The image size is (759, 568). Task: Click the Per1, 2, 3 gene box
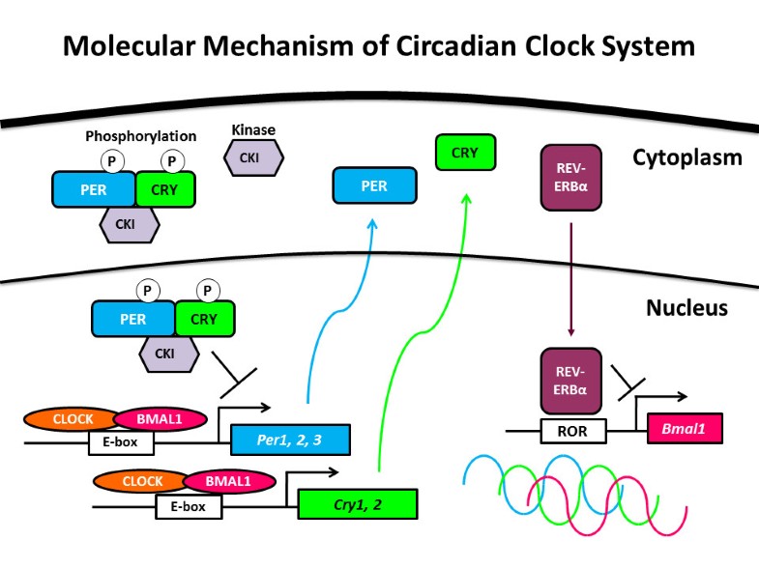point(289,440)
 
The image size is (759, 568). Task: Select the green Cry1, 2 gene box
point(357,504)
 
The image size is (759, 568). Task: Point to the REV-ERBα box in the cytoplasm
point(569,178)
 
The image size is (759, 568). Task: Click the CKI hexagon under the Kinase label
point(253,156)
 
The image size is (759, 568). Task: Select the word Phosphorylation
point(140,136)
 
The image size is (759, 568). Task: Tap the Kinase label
point(253,128)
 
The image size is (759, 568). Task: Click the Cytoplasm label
point(686,157)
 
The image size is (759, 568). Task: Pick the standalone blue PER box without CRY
point(374,185)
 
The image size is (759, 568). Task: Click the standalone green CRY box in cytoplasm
point(465,152)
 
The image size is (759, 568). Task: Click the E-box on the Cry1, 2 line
point(189,505)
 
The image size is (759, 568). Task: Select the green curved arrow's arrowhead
point(466,197)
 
